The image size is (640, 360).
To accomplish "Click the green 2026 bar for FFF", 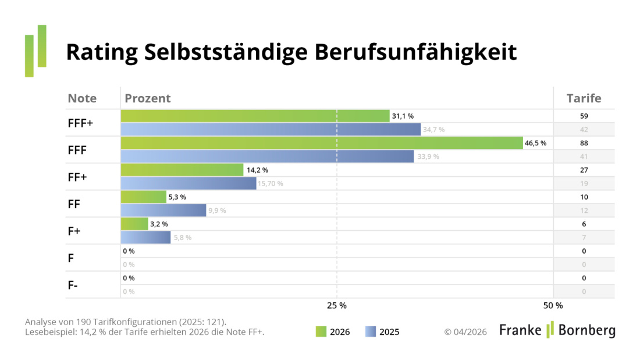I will [322, 143].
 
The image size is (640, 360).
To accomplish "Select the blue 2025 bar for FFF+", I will [271, 130].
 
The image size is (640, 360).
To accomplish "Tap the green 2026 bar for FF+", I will [182, 170].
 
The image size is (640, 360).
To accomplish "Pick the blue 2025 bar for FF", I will [163, 210].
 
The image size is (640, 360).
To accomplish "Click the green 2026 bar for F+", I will [134, 224].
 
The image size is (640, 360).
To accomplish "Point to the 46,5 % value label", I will [536, 143].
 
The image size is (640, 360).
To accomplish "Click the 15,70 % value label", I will [271, 184].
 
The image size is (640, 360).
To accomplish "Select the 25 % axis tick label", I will [337, 305].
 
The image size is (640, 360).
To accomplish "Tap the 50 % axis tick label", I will [553, 305].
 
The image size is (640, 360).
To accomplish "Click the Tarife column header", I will [584, 98].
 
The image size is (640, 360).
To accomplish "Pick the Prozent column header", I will [148, 98].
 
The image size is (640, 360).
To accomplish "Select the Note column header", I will [82, 98].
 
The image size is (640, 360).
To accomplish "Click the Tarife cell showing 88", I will [584, 143].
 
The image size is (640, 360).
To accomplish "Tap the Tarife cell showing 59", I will [584, 116].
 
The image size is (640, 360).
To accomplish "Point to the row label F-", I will [73, 285].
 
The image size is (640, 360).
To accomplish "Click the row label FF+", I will [77, 177].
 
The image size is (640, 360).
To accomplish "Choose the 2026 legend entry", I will [333, 332].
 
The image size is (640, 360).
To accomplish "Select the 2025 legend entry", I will [382, 332].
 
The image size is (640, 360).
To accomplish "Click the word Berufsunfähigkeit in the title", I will [416, 52].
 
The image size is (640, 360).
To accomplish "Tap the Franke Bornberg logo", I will [557, 330].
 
